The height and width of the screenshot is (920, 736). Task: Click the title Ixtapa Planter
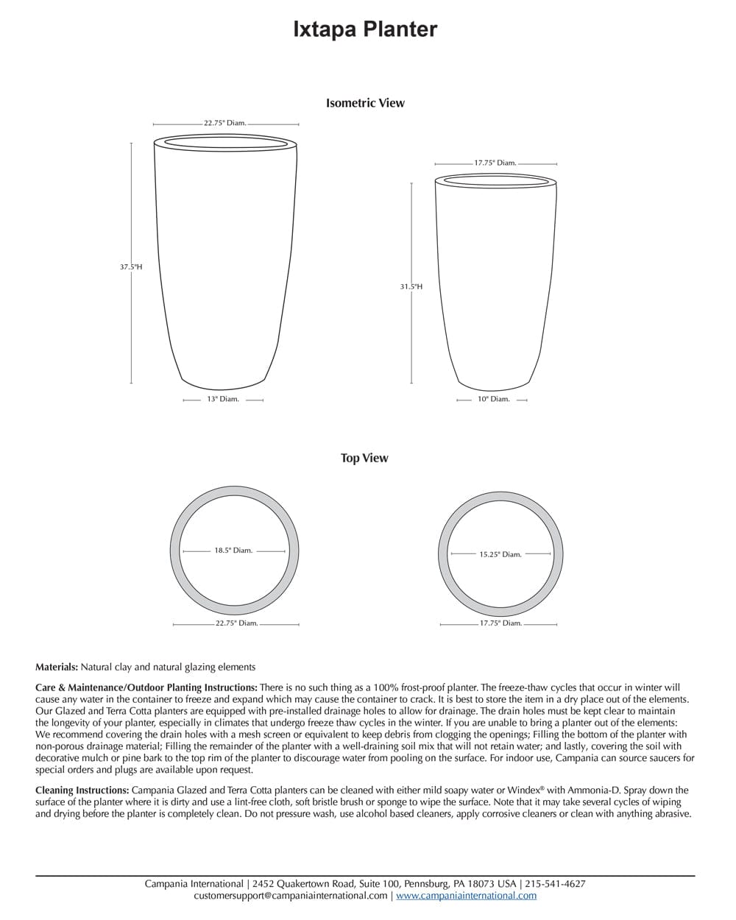365,29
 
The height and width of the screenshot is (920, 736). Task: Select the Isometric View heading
365,103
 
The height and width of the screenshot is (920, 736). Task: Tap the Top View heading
364,458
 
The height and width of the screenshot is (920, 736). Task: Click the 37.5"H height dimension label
131,267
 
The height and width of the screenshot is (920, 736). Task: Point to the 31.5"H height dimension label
411,286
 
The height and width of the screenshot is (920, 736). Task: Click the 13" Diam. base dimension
223,400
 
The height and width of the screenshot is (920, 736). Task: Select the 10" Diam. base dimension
493,400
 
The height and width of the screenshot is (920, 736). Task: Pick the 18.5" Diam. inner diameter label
233,551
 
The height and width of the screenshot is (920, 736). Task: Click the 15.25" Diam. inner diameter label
500,554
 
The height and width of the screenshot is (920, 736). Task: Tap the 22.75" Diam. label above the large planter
225,124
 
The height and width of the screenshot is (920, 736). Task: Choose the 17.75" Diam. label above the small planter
495,163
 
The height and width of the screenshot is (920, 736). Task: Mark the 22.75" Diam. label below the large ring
236,623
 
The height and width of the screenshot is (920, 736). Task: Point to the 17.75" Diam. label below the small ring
500,623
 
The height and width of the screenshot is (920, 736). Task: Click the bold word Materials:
57,668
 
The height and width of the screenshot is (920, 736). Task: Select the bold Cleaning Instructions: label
82,790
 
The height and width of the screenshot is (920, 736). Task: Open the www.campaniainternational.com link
466,896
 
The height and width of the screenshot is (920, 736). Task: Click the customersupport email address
291,896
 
